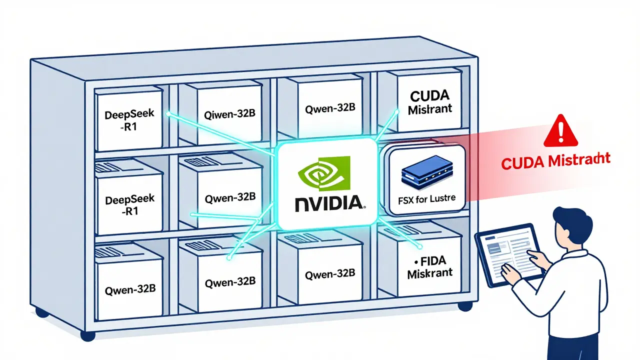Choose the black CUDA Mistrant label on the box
coord(430,102)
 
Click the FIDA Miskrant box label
coord(430,267)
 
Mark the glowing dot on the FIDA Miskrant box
coord(417,246)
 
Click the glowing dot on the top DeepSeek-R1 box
coord(168,114)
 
